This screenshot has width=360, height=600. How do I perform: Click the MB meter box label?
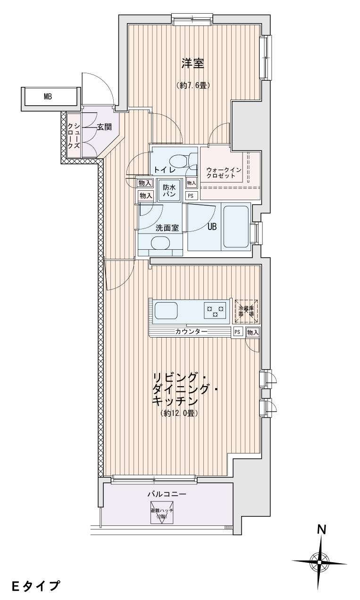pyautogui.click(x=48, y=97)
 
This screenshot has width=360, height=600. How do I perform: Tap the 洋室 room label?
pyautogui.click(x=193, y=63)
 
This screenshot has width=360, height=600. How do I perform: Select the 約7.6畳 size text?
pyautogui.click(x=193, y=85)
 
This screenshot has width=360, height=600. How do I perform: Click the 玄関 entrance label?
pyautogui.click(x=104, y=127)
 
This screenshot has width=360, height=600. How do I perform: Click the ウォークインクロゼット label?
pyautogui.click(x=224, y=173)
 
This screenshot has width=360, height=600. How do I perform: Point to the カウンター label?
pyautogui.click(x=191, y=332)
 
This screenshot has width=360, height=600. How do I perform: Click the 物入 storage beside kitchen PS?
pyautogui.click(x=253, y=332)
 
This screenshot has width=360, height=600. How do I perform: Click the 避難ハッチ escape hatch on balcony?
pyautogui.click(x=162, y=513)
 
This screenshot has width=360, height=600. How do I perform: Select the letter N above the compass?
pyautogui.click(x=322, y=530)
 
